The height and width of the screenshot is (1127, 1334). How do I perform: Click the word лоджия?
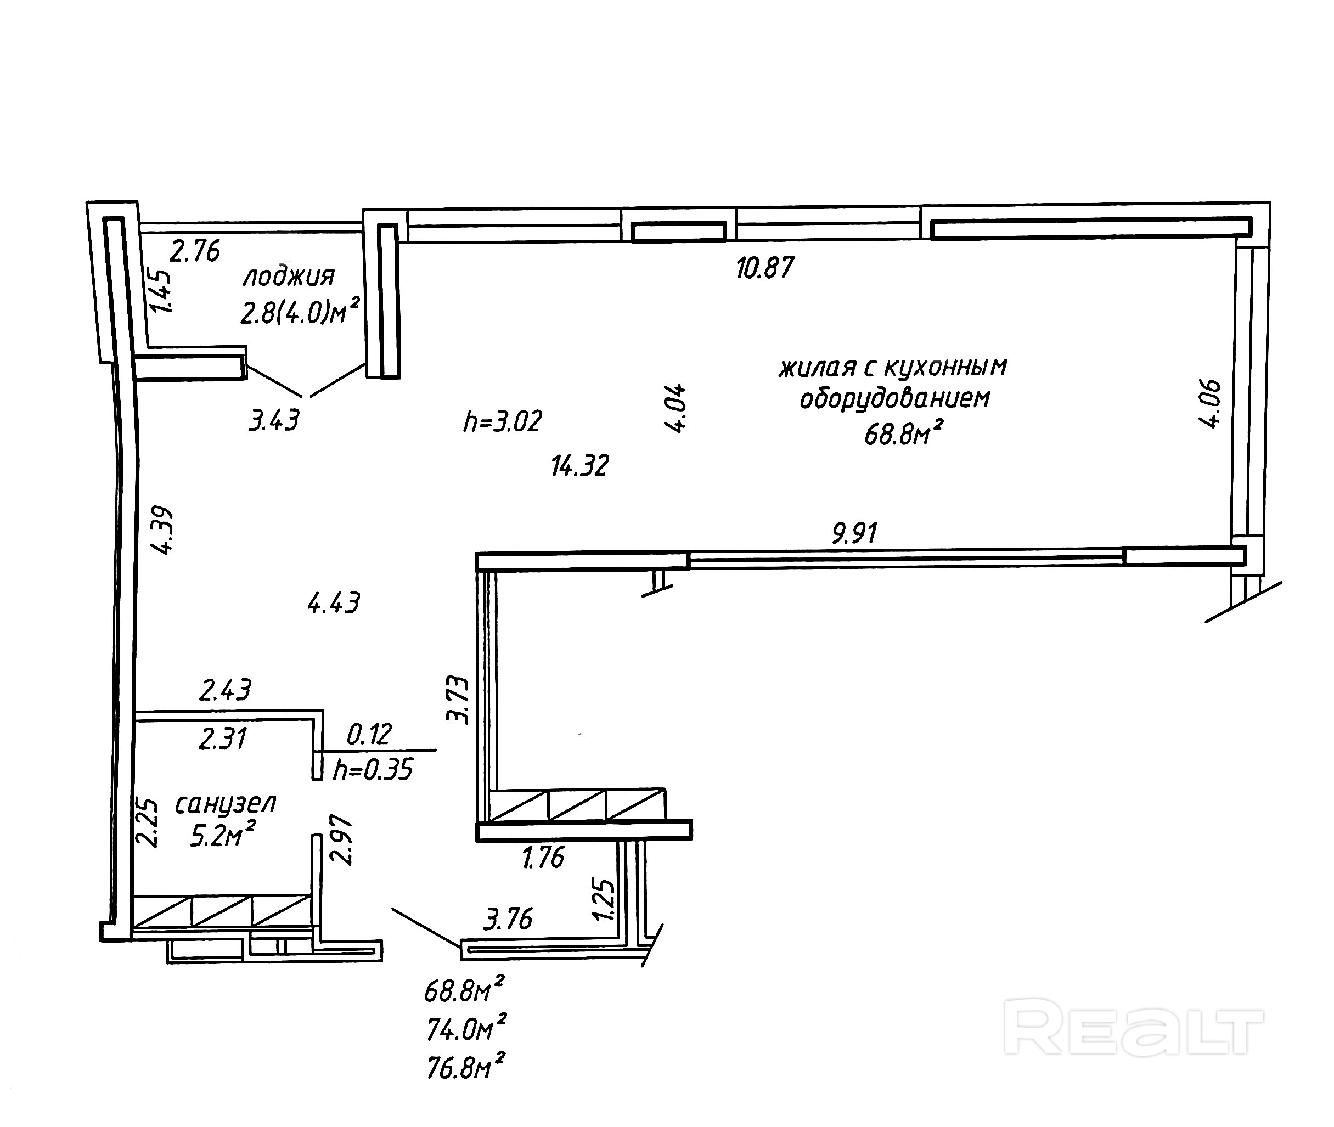289,277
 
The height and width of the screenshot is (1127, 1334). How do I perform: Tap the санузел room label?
225,804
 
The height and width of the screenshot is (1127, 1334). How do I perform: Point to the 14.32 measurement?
579,466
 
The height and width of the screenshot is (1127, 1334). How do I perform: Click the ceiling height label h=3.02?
502,422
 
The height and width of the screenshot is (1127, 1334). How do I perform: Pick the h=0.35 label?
373,770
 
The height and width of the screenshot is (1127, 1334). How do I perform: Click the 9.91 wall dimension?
854,533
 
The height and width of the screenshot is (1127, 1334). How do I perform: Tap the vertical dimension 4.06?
1210,404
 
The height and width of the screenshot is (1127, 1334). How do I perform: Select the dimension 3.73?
458,700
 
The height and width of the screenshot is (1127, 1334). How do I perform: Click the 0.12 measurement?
369,735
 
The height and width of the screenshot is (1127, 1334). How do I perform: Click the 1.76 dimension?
543,858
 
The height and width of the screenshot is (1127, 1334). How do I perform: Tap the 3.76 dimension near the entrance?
508,920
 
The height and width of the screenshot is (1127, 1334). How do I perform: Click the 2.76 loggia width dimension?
194,251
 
